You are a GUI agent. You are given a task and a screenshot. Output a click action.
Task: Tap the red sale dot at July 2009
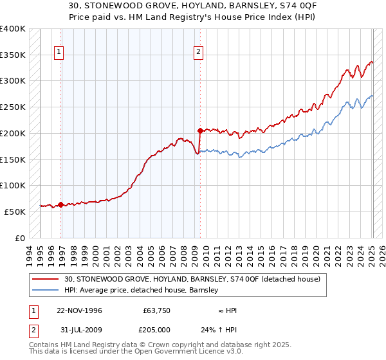coord(200,130)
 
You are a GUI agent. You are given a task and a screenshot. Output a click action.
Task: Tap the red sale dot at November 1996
coord(61,205)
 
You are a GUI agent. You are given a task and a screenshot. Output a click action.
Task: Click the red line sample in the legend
coord(46,279)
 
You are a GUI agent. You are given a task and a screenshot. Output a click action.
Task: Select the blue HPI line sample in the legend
coord(46,291)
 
